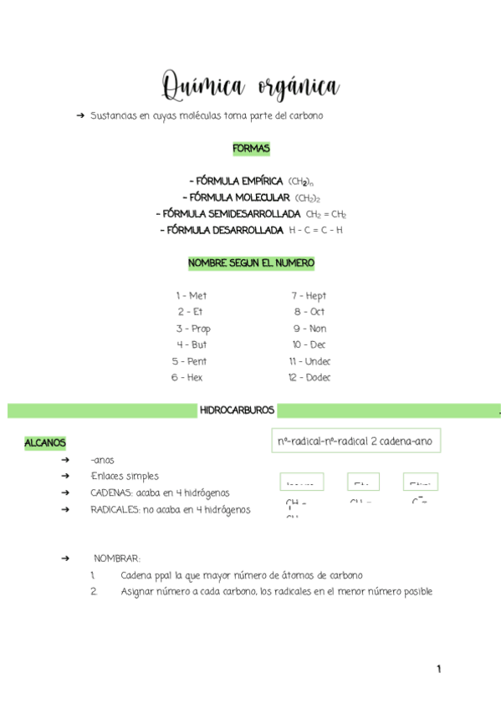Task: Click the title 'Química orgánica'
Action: (250, 85)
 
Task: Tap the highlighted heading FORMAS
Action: (251, 149)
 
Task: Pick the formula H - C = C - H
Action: (315, 230)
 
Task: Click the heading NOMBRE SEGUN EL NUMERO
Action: (251, 263)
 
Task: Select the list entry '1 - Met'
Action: (191, 296)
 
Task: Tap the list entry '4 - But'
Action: (192, 344)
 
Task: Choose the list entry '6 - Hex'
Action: (187, 377)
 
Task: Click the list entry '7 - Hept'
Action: (309, 296)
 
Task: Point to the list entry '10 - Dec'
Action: (309, 344)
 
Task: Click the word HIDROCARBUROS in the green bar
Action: (237, 411)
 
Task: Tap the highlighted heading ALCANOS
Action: (45, 442)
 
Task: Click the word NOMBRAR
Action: (116, 558)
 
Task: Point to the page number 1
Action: (437, 669)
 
